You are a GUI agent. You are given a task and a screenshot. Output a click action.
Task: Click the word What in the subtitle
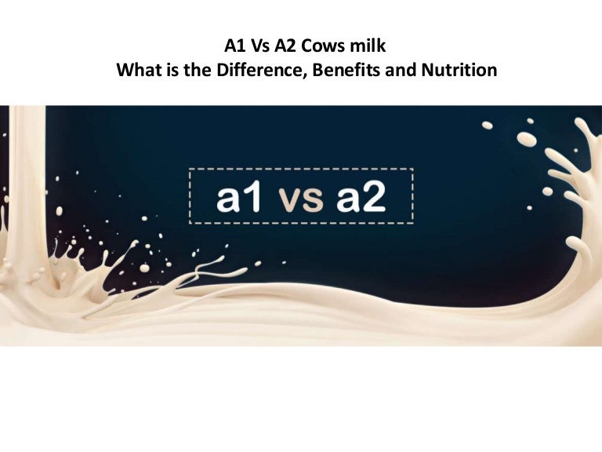[x=140, y=70]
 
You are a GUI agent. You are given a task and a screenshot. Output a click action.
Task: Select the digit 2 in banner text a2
[x=373, y=196]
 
